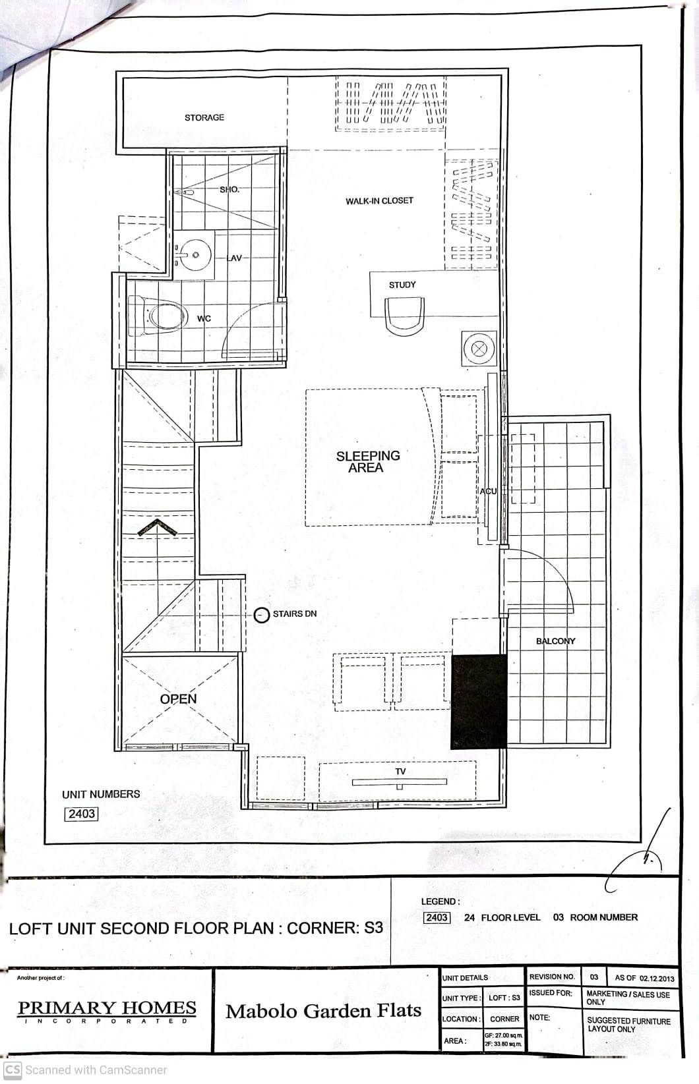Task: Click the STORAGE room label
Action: click(x=204, y=117)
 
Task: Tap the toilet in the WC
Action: click(x=162, y=316)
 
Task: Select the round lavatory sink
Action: click(x=195, y=254)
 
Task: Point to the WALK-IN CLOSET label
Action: click(x=379, y=200)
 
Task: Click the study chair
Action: click(x=404, y=314)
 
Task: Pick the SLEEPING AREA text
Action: click(x=367, y=461)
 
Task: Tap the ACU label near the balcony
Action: click(x=488, y=491)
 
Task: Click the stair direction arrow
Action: click(x=158, y=527)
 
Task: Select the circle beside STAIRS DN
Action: click(x=262, y=615)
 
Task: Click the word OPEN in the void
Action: click(x=178, y=699)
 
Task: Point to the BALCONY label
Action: click(x=555, y=641)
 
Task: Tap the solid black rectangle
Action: click(x=479, y=702)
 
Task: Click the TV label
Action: click(x=400, y=771)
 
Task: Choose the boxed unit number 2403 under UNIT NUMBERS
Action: click(x=81, y=814)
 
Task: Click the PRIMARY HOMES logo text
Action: click(x=107, y=1008)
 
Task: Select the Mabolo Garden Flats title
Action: click(x=323, y=1011)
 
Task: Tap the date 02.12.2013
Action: click(x=657, y=978)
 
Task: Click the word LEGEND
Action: click(x=440, y=901)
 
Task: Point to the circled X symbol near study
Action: click(x=479, y=349)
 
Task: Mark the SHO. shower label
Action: click(x=229, y=189)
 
